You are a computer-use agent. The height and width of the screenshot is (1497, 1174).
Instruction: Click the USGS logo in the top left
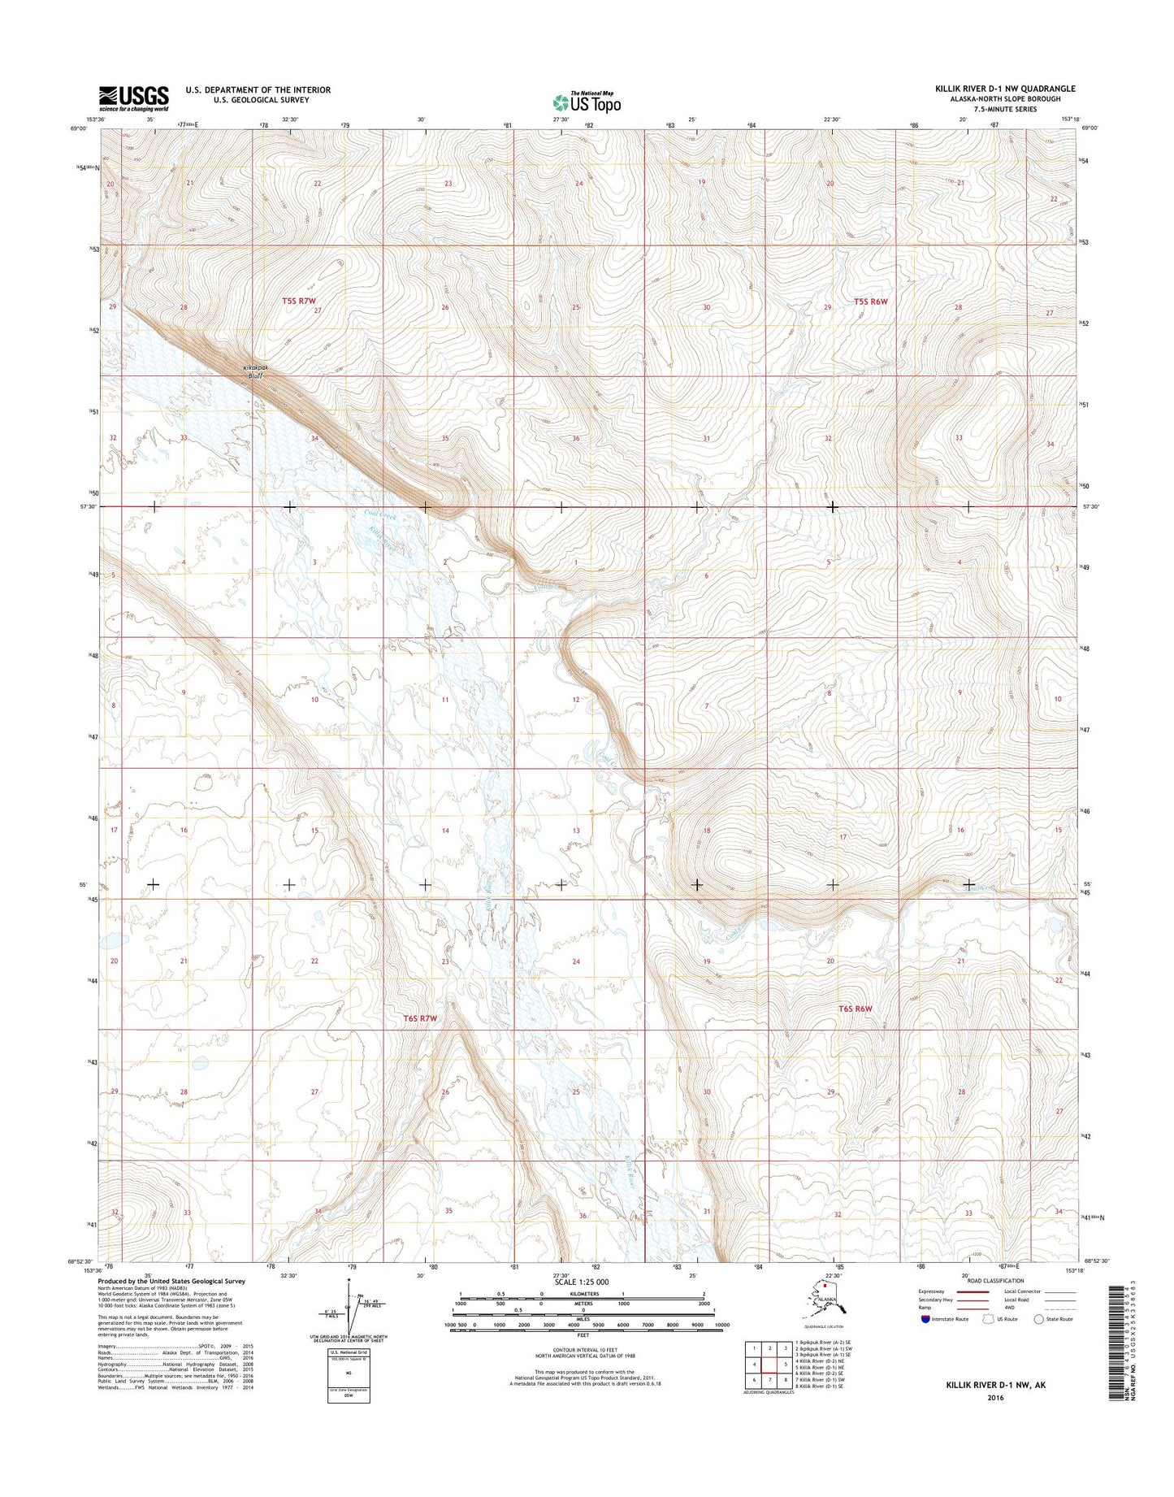coord(134,98)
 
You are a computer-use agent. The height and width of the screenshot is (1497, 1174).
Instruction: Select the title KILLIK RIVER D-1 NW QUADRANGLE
coord(1005,89)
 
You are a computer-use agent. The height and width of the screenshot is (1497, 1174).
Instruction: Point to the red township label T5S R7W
coord(298,301)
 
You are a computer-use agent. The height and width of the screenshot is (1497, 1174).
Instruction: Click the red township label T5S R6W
coord(871,302)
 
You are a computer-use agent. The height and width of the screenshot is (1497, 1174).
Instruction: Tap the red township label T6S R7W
coord(421,1018)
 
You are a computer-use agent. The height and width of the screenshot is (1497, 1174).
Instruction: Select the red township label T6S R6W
coord(855,1009)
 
